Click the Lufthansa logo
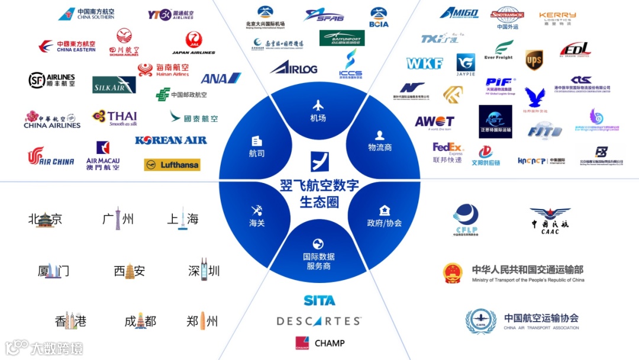pyautogui.click(x=172, y=165)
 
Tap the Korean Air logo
pyautogui.click(x=170, y=140)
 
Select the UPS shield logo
pyautogui.click(x=534, y=60)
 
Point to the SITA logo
pyautogui.click(x=319, y=300)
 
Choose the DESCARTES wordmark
pyautogui.click(x=319, y=322)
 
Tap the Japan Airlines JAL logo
pyautogui.click(x=193, y=43)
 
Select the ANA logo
pyautogui.click(x=221, y=78)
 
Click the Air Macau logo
pyautogui.click(x=103, y=156)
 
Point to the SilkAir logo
pyautogui.click(x=114, y=85)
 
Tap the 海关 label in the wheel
pyautogui.click(x=256, y=223)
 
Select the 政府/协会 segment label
pyautogui.click(x=384, y=223)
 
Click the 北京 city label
pyautogui.click(x=45, y=220)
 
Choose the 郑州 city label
pyautogui.click(x=202, y=322)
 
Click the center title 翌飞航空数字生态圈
pyautogui.click(x=319, y=193)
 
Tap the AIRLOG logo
pyautogui.click(x=293, y=67)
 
